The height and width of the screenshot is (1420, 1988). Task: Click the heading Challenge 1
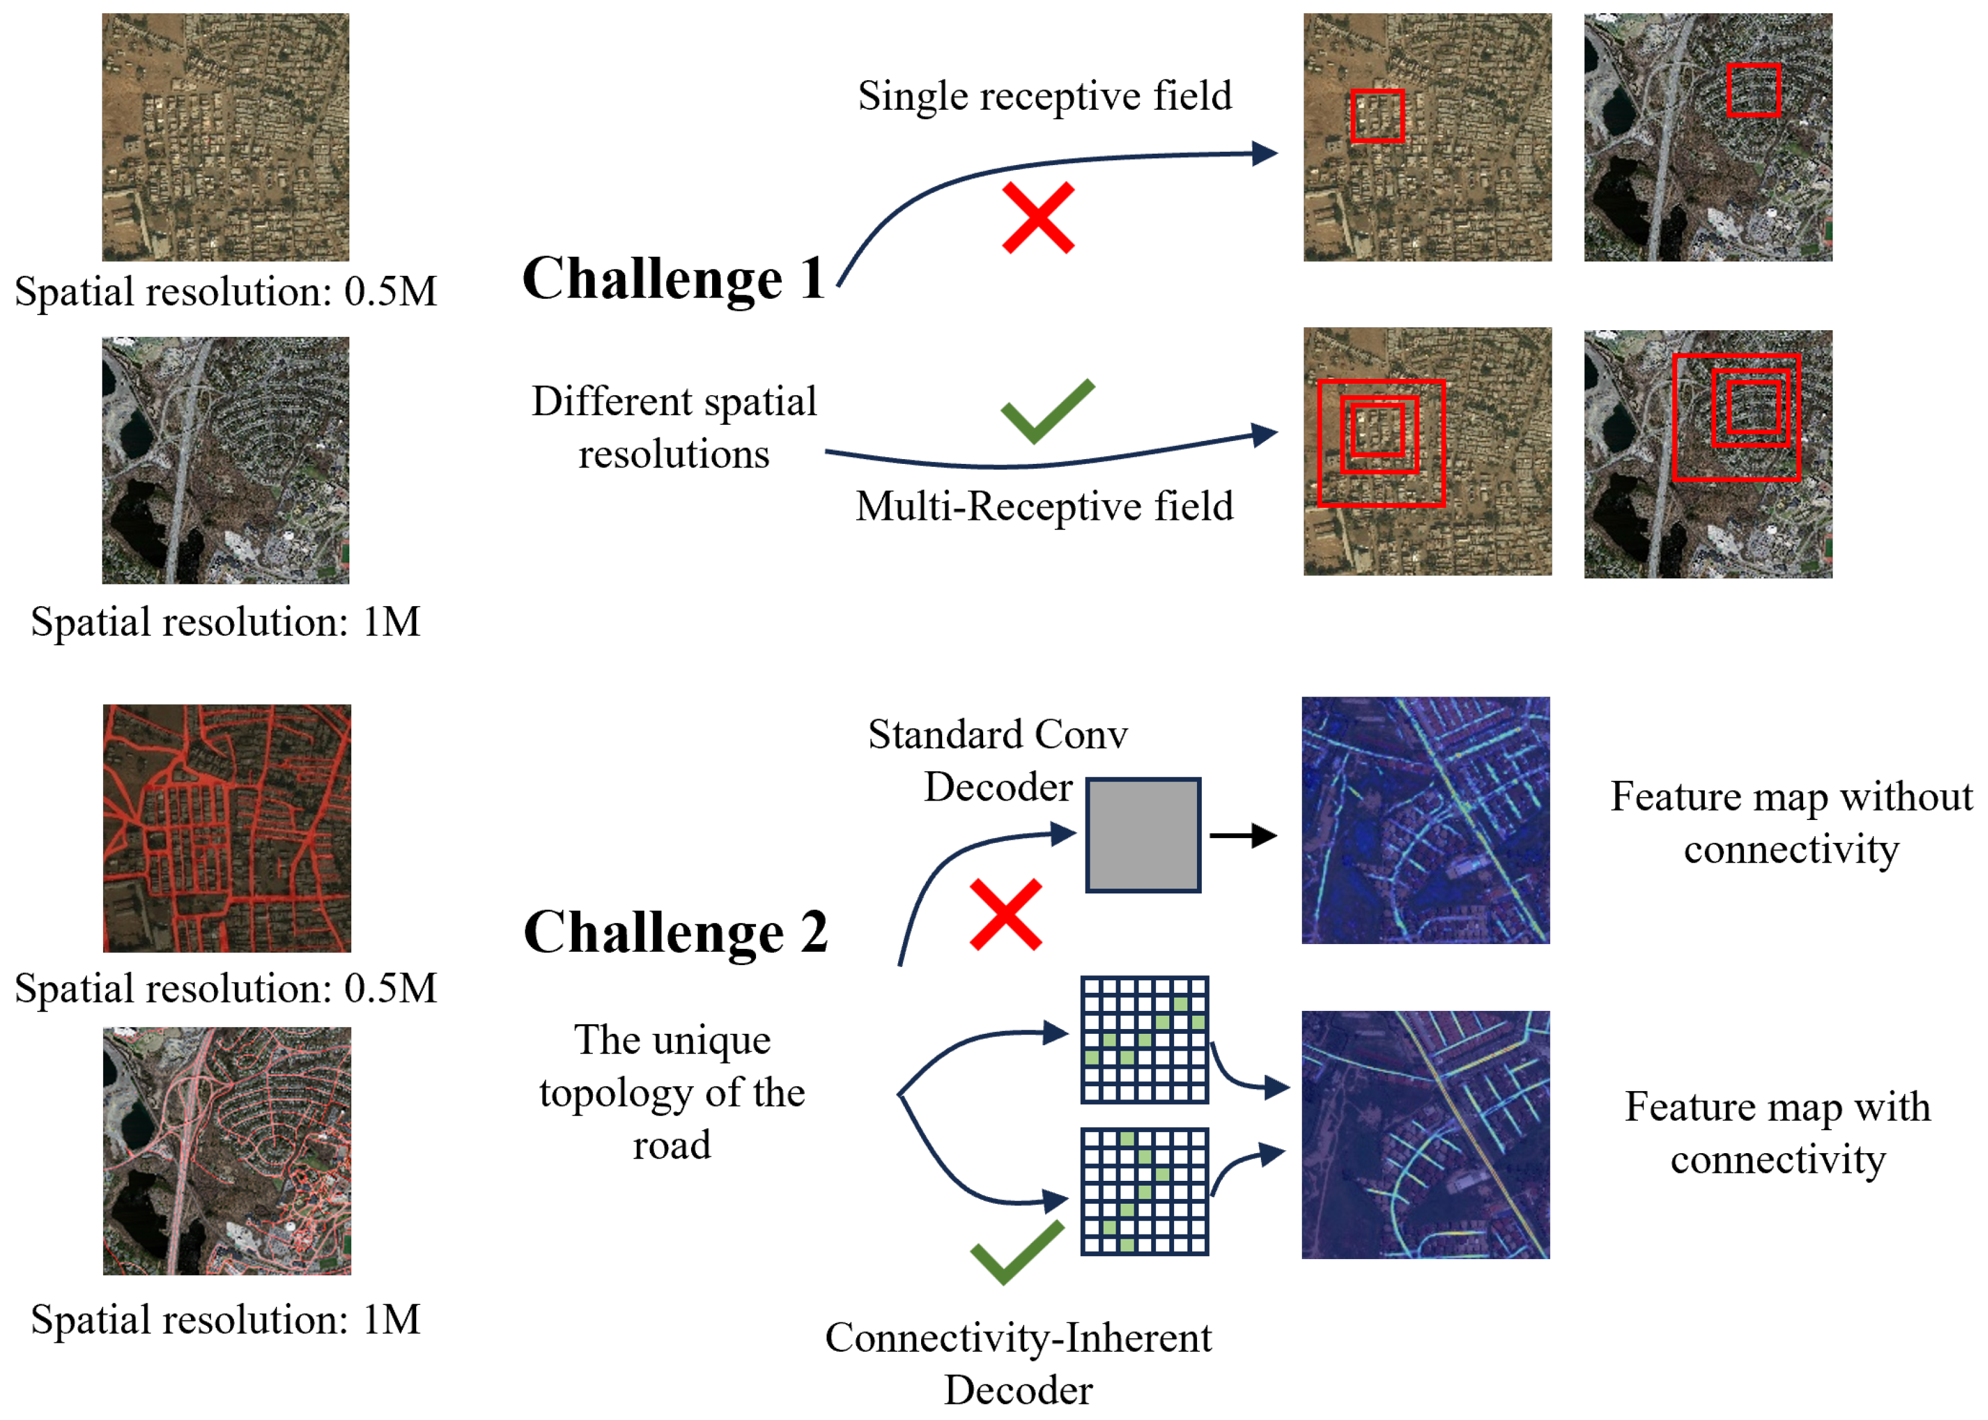(673, 279)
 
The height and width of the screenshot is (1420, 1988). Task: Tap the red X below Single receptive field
(1038, 217)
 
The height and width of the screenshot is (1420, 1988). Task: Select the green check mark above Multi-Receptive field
(1046, 411)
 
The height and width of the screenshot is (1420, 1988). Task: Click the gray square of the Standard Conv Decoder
(1143, 835)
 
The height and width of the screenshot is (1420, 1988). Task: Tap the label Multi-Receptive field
(1044, 505)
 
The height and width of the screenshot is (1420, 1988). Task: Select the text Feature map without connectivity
(1790, 822)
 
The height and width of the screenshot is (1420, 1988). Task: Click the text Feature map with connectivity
(1777, 1133)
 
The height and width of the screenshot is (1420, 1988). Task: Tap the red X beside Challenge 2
(1005, 915)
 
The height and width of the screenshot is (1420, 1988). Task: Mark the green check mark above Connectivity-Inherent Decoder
(1017, 1252)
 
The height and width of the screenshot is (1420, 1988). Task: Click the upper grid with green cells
(1145, 1040)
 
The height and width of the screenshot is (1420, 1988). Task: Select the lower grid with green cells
(1145, 1191)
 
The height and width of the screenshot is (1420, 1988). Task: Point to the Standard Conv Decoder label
(998, 760)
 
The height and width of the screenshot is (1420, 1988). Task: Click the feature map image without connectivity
(1425, 820)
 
